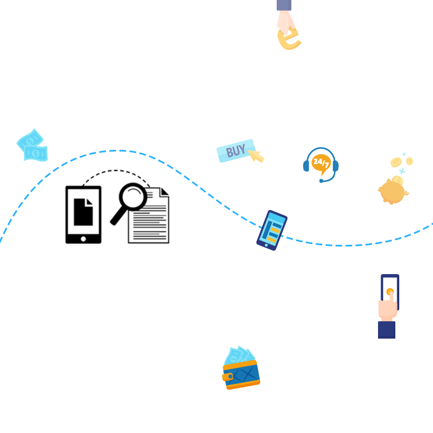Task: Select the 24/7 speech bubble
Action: pyautogui.click(x=321, y=163)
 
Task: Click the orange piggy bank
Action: pyautogui.click(x=392, y=191)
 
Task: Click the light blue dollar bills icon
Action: pyautogui.click(x=32, y=145)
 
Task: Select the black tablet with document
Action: pyautogui.click(x=84, y=214)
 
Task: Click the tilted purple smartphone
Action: pyautogui.click(x=271, y=230)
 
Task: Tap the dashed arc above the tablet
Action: pyautogui.click(x=117, y=172)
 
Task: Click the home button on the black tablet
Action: pyautogui.click(x=84, y=238)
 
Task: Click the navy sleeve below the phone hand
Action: pyautogui.click(x=387, y=330)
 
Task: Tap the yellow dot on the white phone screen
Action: pyautogui.click(x=389, y=291)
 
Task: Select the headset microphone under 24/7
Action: pyautogui.click(x=321, y=180)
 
